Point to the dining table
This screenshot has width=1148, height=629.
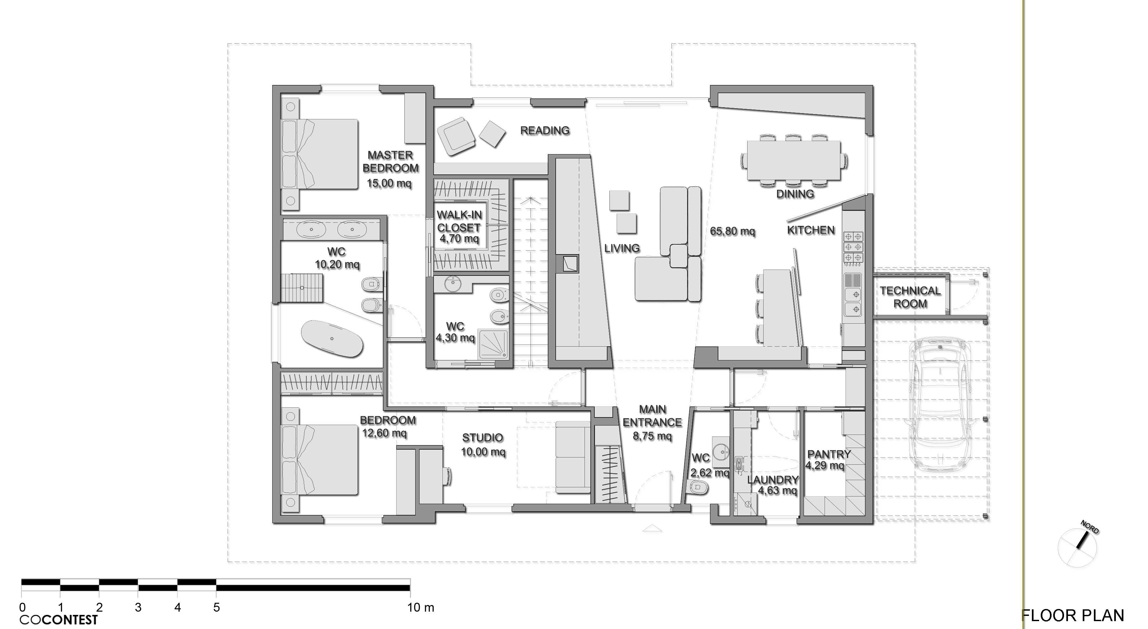(794, 160)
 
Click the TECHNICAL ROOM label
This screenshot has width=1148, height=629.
(910, 297)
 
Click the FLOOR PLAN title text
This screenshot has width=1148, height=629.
(1072, 616)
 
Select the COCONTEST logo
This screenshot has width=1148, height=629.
(58, 619)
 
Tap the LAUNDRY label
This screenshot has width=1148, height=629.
(773, 480)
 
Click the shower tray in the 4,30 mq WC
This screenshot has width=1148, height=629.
(493, 343)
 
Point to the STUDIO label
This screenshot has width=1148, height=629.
(482, 438)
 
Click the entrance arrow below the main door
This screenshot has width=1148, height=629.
(652, 529)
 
